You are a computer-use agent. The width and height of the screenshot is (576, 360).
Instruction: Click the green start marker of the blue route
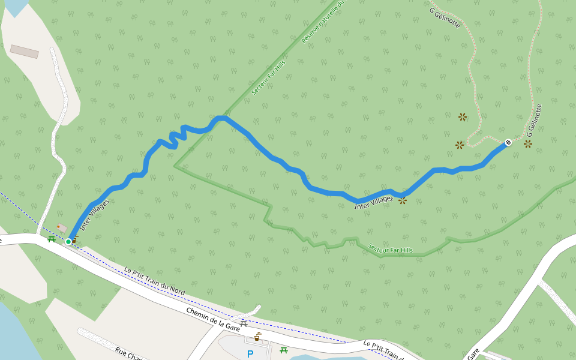tap(68, 241)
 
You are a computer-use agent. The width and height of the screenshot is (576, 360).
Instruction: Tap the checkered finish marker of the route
tap(508, 142)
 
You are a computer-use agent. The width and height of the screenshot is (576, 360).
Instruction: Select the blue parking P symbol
tap(250, 354)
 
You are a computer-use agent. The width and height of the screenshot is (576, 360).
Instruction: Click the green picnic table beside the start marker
tap(52, 239)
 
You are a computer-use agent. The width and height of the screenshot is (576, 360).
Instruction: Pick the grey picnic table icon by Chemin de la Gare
tap(244, 323)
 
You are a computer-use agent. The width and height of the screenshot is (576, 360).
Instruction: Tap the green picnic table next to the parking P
tap(284, 350)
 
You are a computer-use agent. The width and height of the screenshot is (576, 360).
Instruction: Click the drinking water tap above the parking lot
tap(257, 337)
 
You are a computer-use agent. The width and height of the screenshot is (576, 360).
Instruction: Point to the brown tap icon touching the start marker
tap(76, 238)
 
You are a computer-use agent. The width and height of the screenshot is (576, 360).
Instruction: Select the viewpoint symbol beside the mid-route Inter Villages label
tap(403, 200)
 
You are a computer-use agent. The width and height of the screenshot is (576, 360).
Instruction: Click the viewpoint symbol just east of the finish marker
tap(527, 144)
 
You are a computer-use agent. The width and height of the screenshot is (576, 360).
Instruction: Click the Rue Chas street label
tap(128, 354)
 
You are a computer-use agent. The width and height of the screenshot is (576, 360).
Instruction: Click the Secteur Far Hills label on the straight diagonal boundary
tap(268, 77)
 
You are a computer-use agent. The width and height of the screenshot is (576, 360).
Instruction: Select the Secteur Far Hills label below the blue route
tap(391, 248)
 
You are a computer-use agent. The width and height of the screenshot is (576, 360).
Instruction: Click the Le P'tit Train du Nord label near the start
tap(154, 281)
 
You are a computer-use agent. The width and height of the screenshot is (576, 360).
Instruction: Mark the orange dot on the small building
tap(58, 226)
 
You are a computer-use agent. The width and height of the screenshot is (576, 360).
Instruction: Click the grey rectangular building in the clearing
tap(25, 52)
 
